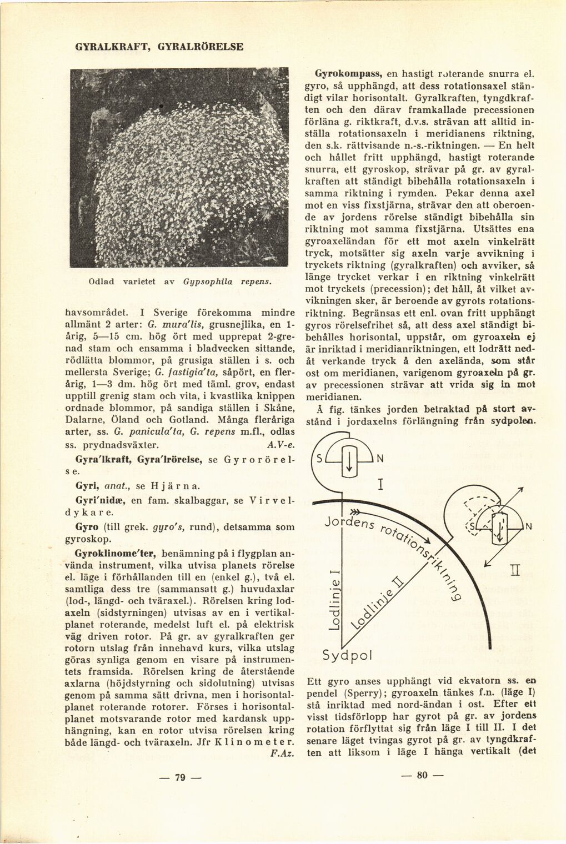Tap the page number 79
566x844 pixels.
pyautogui.click(x=179, y=777)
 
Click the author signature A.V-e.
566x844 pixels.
pyautogui.click(x=276, y=445)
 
